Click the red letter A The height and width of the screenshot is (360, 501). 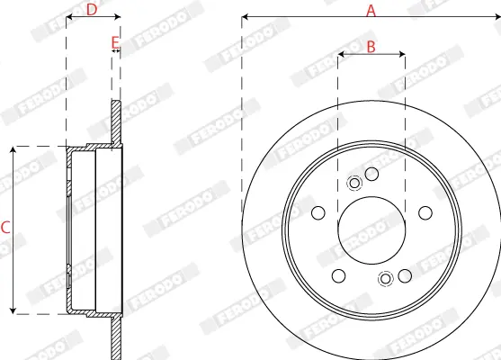pyautogui.click(x=371, y=11)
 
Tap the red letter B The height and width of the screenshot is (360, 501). pyautogui.click(x=371, y=47)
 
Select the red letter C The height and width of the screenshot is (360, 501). pyautogui.click(x=5, y=228)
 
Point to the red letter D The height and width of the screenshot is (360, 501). pyautogui.click(x=92, y=10)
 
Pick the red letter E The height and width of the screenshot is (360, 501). pyautogui.click(x=115, y=42)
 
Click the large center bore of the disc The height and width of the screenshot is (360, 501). pyautogui.click(x=371, y=230)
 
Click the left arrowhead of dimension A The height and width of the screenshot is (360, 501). pyautogui.click(x=245, y=16)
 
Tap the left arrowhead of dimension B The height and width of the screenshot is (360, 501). pyautogui.click(x=341, y=54)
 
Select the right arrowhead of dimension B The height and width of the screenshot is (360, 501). pyautogui.click(x=402, y=54)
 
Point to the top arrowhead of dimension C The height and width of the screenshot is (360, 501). pyautogui.click(x=13, y=150)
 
